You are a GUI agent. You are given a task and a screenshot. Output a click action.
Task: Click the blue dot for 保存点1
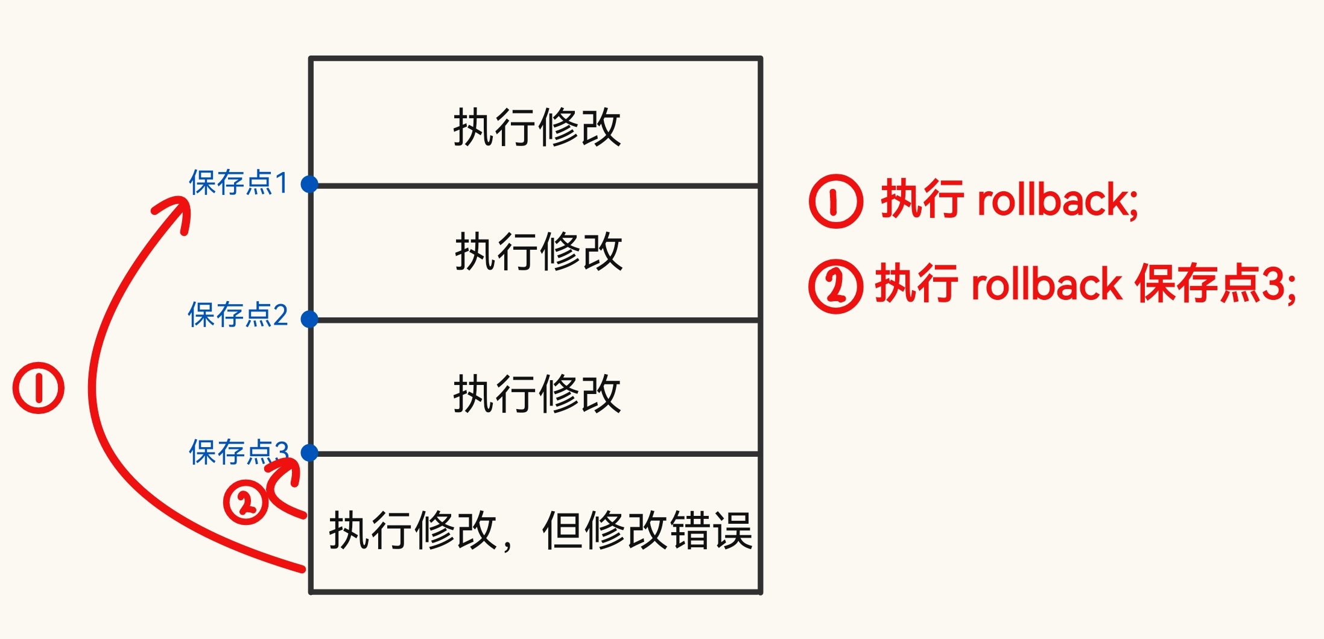pos(309,184)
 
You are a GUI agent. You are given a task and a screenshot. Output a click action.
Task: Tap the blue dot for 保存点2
pos(309,319)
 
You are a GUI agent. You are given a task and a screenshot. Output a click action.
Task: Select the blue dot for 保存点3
pos(309,453)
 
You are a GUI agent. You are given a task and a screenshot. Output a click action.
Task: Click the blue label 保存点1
pos(238,183)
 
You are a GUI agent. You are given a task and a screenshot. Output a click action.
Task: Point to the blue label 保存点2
pos(238,315)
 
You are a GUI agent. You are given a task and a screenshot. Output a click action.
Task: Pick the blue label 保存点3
pos(238,452)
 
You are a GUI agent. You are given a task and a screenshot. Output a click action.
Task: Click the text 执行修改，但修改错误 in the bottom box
pos(540,530)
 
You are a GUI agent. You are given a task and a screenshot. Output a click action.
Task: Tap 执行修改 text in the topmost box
pos(537,127)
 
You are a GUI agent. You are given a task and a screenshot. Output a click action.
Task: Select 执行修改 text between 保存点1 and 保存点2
pos(539,252)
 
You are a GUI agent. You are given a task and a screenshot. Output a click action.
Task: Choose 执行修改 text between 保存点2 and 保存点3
pos(537,394)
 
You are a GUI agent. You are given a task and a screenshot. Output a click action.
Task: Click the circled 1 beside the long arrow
pos(39,388)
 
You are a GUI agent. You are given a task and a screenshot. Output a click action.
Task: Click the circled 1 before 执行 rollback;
pos(835,202)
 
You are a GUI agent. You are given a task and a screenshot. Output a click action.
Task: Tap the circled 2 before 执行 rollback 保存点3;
pos(835,286)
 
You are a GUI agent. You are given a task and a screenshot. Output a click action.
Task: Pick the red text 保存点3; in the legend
pos(1215,284)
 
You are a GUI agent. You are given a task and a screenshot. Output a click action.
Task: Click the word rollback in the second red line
pos(1046,284)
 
